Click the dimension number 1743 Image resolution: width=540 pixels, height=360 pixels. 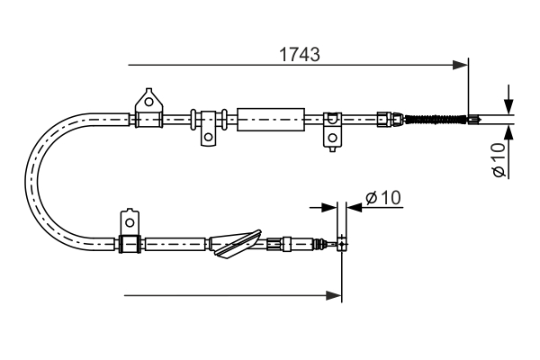click(x=298, y=54)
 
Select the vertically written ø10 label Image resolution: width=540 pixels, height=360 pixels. click(x=499, y=159)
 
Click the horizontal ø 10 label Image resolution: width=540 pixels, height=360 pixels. click(x=386, y=197)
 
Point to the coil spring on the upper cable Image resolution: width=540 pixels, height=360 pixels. click(x=436, y=118)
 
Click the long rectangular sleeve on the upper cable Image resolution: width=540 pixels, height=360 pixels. click(x=268, y=118)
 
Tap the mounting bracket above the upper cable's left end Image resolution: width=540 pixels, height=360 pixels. click(x=148, y=103)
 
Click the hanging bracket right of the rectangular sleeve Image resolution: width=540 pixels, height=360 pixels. click(x=332, y=128)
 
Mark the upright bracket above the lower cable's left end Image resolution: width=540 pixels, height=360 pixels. click(x=130, y=223)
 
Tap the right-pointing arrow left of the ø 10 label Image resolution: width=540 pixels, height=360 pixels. click(x=328, y=207)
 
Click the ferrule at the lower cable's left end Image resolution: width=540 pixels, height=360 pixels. click(x=130, y=243)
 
